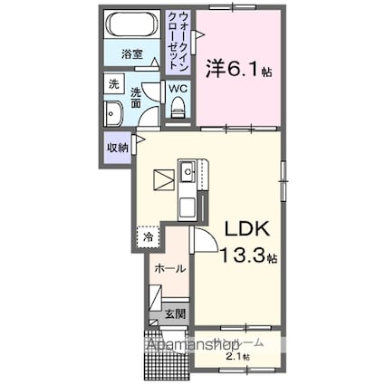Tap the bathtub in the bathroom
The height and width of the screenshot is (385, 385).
click(133, 25)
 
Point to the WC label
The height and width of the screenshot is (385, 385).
click(178, 90)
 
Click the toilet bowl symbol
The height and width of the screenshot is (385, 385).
click(178, 109)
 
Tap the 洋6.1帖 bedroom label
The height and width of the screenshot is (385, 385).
click(238, 68)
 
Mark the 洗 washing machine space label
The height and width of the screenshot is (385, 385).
click(114, 83)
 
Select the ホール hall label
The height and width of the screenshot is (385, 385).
click(169, 268)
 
